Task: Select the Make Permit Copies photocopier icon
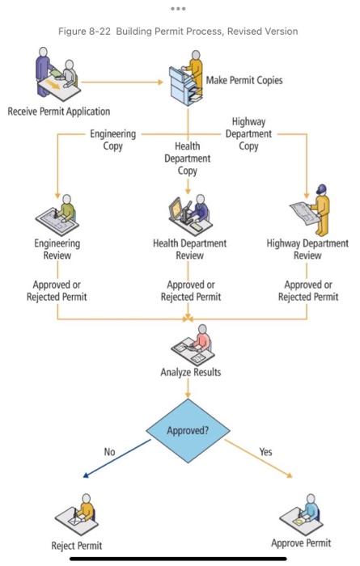pyautogui.click(x=186, y=78)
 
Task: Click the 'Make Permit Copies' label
pyautogui.click(x=244, y=80)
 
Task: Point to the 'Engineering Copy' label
pyautogui.click(x=112, y=139)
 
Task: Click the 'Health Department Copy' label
pyautogui.click(x=187, y=158)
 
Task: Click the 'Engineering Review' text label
pyautogui.click(x=57, y=248)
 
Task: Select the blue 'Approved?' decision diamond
pyautogui.click(x=188, y=430)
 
